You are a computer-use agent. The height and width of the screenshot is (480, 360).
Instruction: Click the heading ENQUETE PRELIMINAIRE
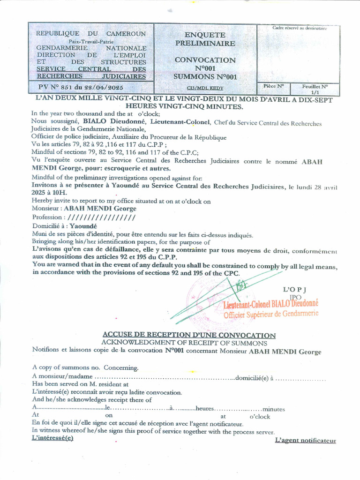click(205, 39)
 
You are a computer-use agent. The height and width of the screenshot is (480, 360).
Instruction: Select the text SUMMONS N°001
click(205, 76)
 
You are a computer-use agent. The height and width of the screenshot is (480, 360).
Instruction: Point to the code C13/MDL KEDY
click(205, 88)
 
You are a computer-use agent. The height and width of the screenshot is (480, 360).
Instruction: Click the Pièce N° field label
click(273, 86)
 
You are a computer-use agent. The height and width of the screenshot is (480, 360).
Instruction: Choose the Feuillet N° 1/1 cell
click(315, 89)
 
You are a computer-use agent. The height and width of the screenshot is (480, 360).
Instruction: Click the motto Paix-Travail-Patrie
click(91, 41)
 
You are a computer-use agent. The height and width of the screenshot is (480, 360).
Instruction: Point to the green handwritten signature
click(220, 295)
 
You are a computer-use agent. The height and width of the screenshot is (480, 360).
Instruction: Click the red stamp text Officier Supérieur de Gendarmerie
click(270, 314)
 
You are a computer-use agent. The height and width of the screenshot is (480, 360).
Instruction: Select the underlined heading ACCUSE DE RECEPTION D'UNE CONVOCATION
click(189, 335)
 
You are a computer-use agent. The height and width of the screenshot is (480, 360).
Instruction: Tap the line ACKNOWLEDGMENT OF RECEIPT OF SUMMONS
click(184, 343)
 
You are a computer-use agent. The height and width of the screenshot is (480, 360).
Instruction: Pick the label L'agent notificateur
click(305, 440)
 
